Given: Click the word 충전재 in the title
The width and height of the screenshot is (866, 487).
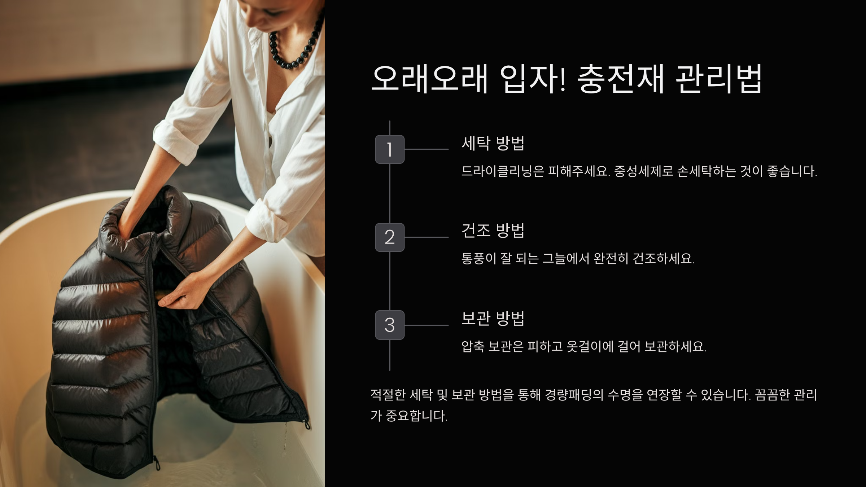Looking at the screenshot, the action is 620,79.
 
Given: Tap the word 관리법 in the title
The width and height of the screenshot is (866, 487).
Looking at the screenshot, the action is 718,79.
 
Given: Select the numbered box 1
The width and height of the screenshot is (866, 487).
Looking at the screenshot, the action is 390,149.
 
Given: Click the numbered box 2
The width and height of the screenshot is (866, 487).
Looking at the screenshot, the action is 390,237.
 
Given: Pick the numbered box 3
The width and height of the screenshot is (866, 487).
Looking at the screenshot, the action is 390,325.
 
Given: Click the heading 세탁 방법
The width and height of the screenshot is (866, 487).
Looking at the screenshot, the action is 493,143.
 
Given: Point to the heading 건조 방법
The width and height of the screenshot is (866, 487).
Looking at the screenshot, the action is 493,231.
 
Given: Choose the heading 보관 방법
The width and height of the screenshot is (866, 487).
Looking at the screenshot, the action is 493,318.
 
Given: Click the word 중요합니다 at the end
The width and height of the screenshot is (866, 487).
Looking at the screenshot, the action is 417,416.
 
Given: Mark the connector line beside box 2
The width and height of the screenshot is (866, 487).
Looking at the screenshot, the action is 427,237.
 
